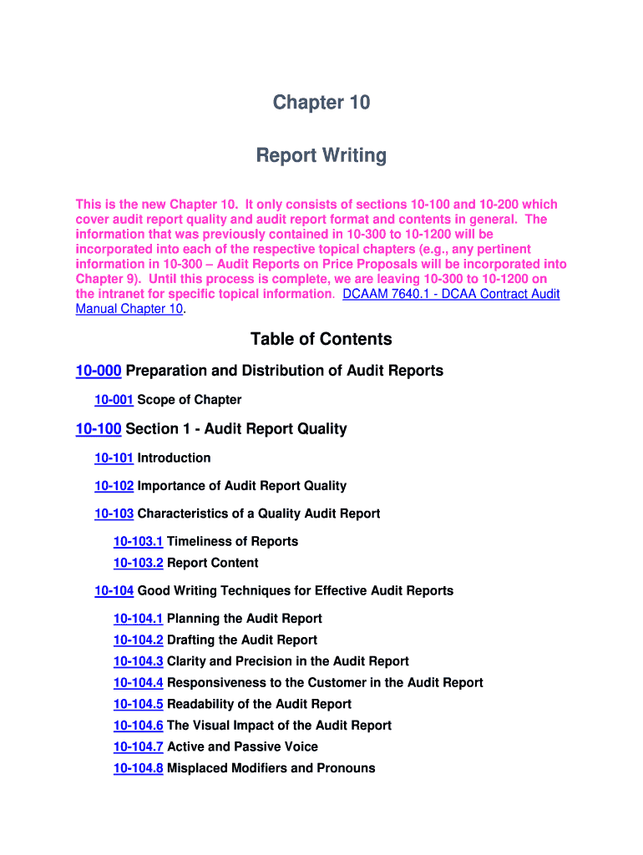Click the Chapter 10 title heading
(x=321, y=103)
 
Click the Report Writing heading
(x=321, y=155)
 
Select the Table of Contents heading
(x=321, y=338)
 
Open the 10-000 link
(x=99, y=370)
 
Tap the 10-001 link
(x=114, y=399)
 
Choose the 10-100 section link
(x=99, y=428)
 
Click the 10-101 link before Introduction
(x=114, y=458)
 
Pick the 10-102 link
(x=114, y=485)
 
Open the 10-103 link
(x=114, y=514)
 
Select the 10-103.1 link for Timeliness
(x=138, y=541)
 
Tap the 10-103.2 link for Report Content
(x=138, y=563)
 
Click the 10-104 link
(x=114, y=590)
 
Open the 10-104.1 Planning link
(x=138, y=619)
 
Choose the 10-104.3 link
(x=138, y=661)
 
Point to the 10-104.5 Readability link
(x=138, y=704)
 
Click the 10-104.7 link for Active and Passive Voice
(x=138, y=746)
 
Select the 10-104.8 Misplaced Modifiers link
(x=138, y=768)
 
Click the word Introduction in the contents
(x=174, y=458)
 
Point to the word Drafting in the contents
(x=190, y=640)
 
